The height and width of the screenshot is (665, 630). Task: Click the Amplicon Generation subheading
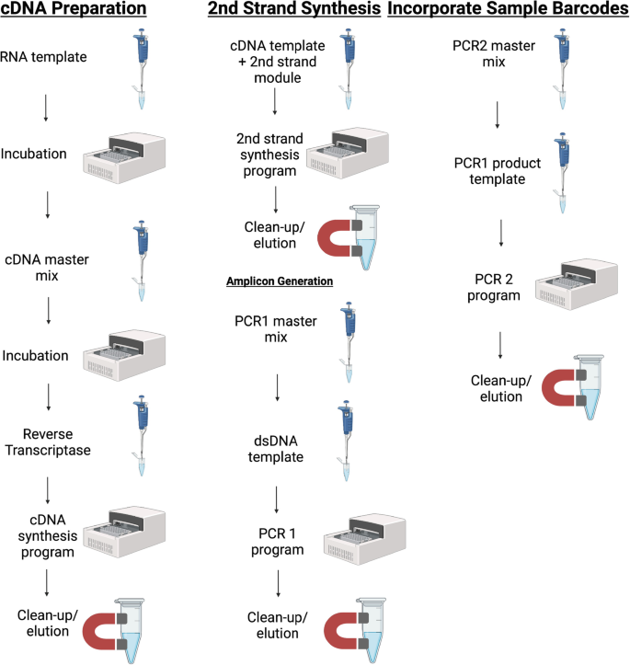pyautogui.click(x=278, y=281)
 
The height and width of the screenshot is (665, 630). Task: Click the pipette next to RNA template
pyautogui.click(x=141, y=68)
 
